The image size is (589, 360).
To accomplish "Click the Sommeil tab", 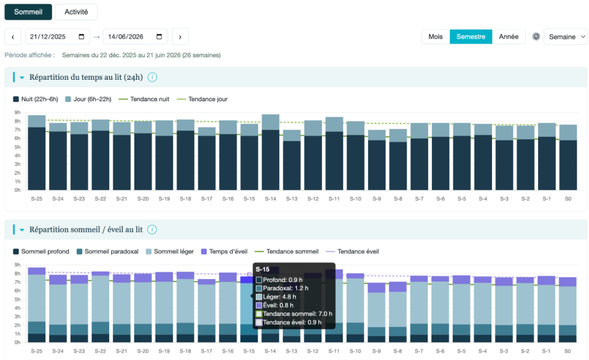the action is (x=28, y=12).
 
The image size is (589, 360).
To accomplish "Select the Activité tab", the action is (x=76, y=12).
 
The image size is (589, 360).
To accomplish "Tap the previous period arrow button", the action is (x=13, y=37).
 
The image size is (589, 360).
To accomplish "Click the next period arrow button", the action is (x=180, y=37).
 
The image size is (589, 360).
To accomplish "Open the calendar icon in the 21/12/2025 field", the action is (x=82, y=37).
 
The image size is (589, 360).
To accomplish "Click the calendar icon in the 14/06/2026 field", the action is (x=160, y=37).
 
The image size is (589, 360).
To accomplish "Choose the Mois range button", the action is (x=436, y=37).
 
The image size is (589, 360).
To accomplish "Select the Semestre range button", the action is (x=471, y=37).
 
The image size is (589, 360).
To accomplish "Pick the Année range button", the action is (x=509, y=37).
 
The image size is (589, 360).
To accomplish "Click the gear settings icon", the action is (x=536, y=37).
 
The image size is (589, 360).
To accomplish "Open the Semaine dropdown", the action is (x=566, y=37).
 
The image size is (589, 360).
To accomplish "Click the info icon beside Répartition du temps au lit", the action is (x=152, y=77).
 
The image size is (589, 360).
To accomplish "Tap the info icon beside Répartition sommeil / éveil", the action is (x=152, y=230).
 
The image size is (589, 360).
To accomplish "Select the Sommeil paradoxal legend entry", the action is (x=107, y=251).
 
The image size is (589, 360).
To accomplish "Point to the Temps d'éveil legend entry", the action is (x=225, y=251).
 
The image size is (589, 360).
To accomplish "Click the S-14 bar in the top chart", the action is (x=271, y=153).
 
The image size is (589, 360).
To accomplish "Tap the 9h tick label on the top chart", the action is (x=17, y=113).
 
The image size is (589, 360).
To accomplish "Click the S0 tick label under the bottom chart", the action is (x=568, y=351).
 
